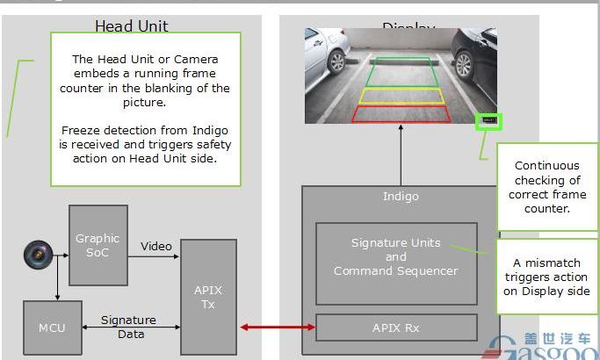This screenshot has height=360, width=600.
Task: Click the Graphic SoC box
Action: click(x=97, y=245)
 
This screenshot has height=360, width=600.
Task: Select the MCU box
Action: click(x=52, y=328)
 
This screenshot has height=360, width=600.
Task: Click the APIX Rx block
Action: click(x=395, y=328)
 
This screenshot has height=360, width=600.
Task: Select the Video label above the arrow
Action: click(x=156, y=246)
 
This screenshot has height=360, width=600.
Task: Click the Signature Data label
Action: click(x=128, y=327)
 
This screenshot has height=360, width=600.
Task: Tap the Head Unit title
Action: click(x=131, y=26)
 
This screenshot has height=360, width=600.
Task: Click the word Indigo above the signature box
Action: click(x=401, y=197)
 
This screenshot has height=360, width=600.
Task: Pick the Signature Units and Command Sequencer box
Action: click(x=395, y=256)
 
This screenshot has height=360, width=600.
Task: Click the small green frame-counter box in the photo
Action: click(x=488, y=120)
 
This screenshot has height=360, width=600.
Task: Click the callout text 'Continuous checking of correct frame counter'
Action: click(x=546, y=187)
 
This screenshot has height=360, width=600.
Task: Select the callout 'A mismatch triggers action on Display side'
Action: click(x=546, y=277)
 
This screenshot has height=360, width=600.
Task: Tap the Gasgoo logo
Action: click(x=540, y=347)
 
